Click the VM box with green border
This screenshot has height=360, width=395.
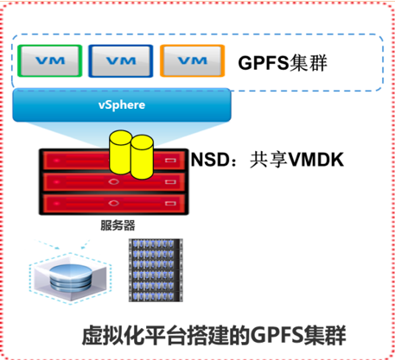click(50, 60)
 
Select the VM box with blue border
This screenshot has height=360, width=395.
click(121, 61)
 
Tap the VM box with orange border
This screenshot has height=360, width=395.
click(193, 60)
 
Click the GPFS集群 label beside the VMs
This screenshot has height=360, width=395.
click(283, 62)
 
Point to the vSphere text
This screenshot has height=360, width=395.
click(122, 104)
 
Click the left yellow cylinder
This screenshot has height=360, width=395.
click(120, 152)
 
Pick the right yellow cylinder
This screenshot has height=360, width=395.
click(142, 157)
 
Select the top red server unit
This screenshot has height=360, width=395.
click(114, 160)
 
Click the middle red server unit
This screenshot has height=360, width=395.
click(114, 182)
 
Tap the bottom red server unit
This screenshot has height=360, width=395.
click(114, 204)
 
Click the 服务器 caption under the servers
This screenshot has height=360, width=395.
click(118, 225)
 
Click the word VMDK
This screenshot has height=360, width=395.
click(316, 160)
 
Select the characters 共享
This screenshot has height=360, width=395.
click(269, 160)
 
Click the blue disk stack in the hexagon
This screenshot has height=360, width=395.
click(71, 278)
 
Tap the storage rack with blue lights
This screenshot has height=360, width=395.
click(156, 270)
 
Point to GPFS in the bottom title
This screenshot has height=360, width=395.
click(277, 336)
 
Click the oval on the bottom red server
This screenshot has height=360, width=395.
click(113, 203)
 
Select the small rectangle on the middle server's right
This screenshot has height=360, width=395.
click(170, 182)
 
